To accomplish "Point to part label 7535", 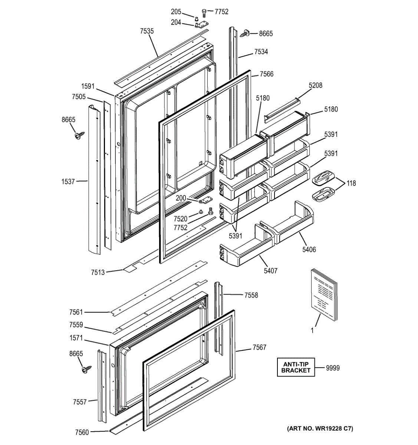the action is click(147, 31).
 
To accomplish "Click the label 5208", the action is click(315, 85).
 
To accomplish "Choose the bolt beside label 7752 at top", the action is click(204, 13).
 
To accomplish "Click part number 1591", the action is click(88, 86).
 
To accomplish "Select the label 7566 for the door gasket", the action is click(267, 74).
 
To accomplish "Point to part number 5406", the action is click(309, 250).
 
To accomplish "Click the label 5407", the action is click(270, 271).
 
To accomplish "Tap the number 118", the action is click(351, 183).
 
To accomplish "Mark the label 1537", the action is click(68, 181).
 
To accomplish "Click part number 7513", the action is click(98, 272).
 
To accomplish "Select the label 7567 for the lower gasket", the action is click(260, 347).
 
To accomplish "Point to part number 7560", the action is click(82, 432).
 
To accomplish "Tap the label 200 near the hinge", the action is click(181, 198).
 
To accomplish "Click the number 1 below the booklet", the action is click(312, 330).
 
